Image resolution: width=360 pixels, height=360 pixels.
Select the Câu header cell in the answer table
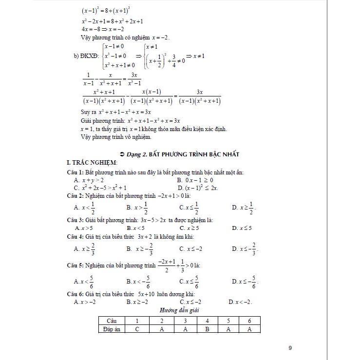tap(112, 321)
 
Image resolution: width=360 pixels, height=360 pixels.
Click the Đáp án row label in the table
tap(112, 329)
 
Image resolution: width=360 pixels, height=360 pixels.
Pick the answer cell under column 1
tap(138, 329)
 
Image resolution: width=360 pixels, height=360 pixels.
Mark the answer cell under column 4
tap(207, 329)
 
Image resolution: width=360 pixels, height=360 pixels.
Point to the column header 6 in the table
tap(249, 321)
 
